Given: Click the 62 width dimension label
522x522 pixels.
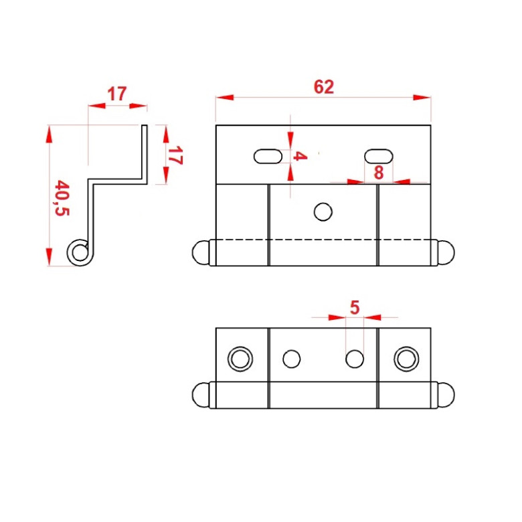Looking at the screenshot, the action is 324,87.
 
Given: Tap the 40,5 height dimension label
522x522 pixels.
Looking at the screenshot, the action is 62,198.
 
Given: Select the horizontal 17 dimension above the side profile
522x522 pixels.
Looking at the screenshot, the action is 117,94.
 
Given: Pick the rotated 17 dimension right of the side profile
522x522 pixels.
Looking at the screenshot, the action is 175,155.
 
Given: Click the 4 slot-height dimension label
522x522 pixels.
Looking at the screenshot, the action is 300,156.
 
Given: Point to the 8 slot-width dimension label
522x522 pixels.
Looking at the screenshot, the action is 379,173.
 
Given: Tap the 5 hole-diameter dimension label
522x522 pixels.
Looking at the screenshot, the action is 355,307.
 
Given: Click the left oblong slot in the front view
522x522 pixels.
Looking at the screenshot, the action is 268,156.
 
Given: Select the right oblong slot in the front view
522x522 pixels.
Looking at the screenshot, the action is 379,156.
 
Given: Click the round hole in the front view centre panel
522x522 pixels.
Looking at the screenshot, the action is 323,211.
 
